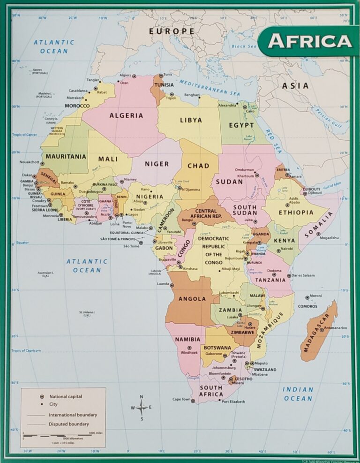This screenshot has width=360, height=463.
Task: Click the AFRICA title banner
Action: pos(309,41)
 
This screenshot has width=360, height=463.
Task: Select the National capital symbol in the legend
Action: pos(42,396)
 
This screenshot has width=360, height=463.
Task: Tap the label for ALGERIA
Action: pos(126,115)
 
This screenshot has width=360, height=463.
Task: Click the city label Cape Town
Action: pos(181,399)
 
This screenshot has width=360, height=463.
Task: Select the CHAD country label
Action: pos(198,166)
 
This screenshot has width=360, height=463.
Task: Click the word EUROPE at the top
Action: pos(172,31)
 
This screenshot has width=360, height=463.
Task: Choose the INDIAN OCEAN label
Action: pos(298,394)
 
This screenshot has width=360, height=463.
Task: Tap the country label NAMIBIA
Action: pos(187,339)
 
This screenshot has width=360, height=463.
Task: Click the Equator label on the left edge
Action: pos(22,243)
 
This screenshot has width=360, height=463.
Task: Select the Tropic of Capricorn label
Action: pos(26,350)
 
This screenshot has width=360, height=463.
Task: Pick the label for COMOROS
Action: pos(307,306)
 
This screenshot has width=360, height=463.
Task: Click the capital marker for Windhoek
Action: pos(189,348)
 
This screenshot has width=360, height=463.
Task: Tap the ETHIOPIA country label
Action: pos(296,213)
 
